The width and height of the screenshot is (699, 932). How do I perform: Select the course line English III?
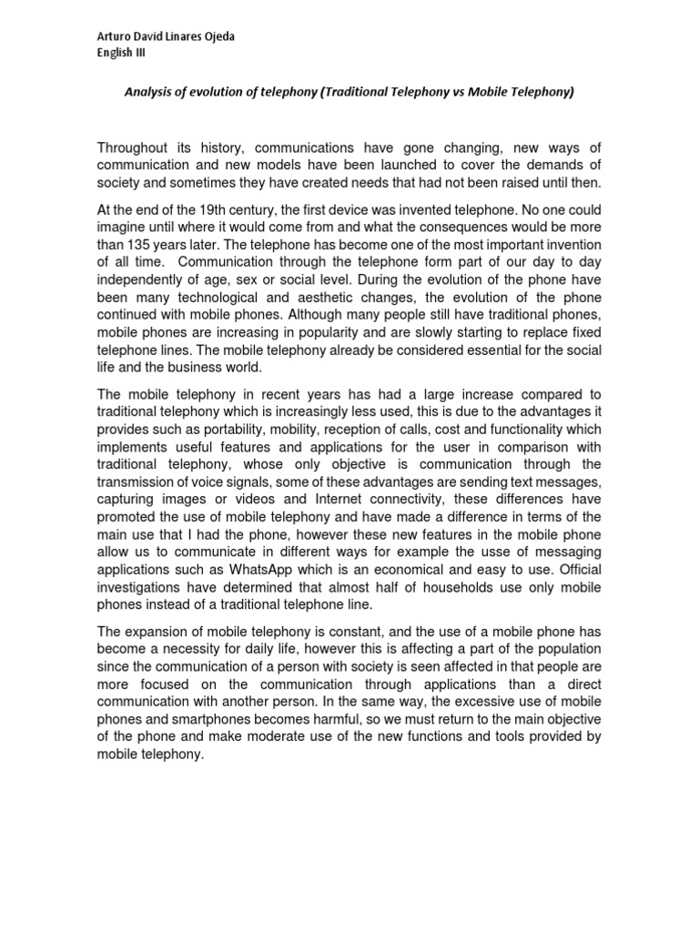coord(120,53)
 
